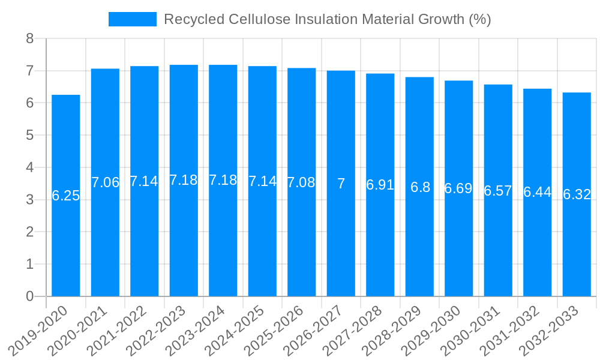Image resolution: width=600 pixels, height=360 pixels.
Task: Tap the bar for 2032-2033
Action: tap(577, 240)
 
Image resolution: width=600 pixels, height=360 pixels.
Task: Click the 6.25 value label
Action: tap(66, 196)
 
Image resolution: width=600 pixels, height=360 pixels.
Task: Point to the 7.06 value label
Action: tap(105, 182)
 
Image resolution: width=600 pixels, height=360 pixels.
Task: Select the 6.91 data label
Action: tap(380, 185)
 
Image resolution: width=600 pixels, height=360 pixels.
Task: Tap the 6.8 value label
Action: tap(420, 187)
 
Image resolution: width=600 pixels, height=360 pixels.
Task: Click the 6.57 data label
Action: tap(498, 191)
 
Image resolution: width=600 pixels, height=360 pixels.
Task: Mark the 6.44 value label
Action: tap(538, 192)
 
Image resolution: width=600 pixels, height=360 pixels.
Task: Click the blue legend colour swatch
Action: tap(132, 19)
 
